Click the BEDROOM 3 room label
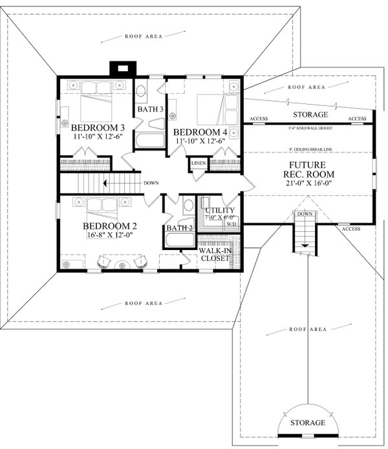98,127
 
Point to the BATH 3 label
149,109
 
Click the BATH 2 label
179,228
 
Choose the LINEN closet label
199,163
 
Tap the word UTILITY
217,211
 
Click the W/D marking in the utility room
231,224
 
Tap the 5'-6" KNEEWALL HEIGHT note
308,129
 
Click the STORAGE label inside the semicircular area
307,423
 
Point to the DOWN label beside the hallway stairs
151,182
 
